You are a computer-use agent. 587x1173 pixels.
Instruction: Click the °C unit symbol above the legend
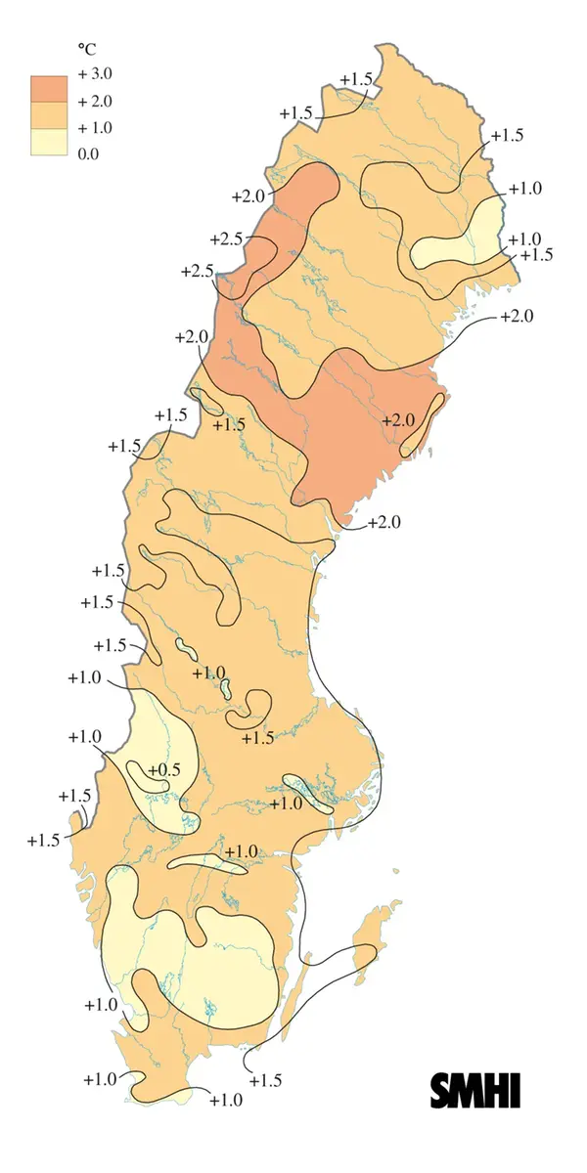(85, 48)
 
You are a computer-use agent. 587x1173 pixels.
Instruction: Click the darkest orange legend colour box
(48, 88)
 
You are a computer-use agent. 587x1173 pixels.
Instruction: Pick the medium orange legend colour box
(48, 114)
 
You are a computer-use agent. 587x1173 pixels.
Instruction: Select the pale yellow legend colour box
(48, 141)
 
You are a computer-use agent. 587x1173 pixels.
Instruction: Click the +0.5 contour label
(164, 770)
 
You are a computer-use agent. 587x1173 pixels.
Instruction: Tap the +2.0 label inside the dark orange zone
(398, 420)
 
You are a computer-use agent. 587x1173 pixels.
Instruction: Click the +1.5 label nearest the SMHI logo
(265, 1080)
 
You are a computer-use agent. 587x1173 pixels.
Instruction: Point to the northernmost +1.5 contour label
(355, 79)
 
